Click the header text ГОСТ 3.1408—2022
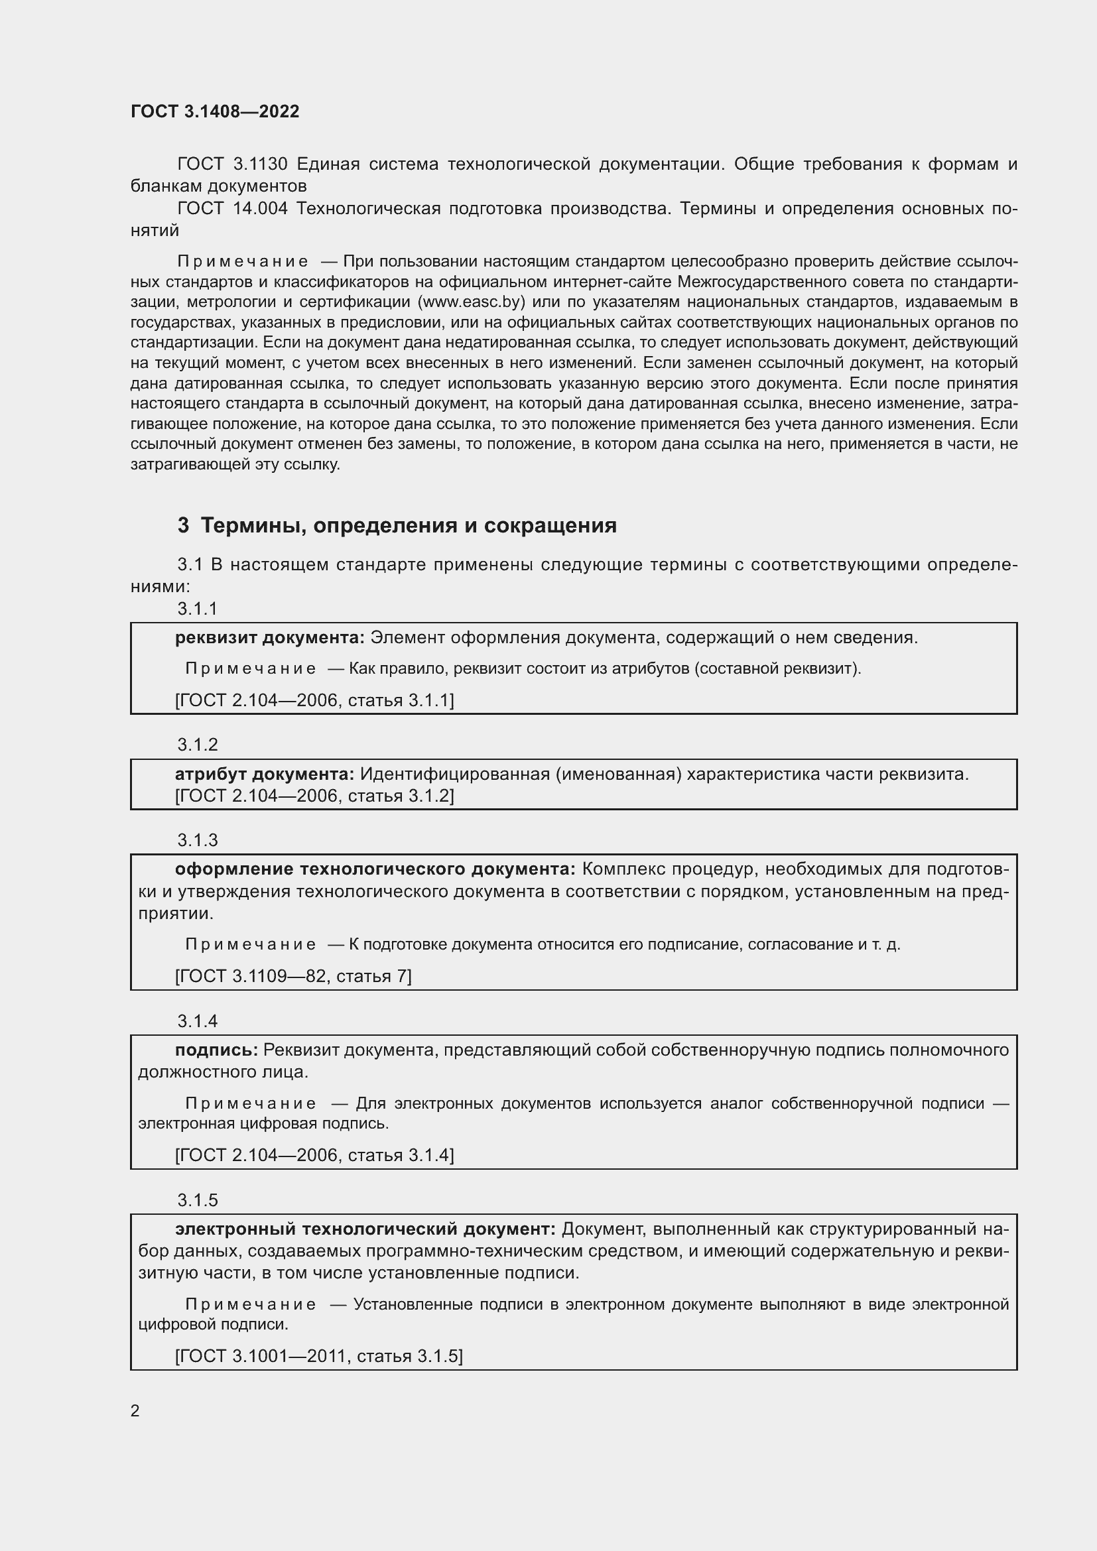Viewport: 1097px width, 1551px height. (x=215, y=111)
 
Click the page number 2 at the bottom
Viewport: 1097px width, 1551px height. (x=135, y=1410)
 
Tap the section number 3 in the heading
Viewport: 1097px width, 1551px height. (x=183, y=526)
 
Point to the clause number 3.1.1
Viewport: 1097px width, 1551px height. (x=197, y=609)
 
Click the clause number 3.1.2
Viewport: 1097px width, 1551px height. (x=197, y=745)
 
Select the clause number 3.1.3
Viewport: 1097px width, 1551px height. (x=197, y=839)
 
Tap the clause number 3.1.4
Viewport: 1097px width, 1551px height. (x=197, y=1021)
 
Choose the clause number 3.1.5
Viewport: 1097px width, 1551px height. (x=197, y=1200)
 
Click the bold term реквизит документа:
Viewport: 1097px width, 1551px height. (x=269, y=638)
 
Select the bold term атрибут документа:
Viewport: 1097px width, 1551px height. (x=264, y=774)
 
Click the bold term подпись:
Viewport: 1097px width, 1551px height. (x=216, y=1050)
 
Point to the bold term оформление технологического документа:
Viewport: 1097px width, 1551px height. (x=375, y=869)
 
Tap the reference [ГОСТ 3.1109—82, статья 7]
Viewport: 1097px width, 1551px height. (x=293, y=975)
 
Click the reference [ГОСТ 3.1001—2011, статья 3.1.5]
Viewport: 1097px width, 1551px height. (x=319, y=1356)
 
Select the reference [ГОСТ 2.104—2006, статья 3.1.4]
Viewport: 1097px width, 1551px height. (x=314, y=1155)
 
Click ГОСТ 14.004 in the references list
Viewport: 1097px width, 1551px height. (x=232, y=209)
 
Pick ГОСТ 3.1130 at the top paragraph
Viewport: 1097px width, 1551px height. (x=232, y=164)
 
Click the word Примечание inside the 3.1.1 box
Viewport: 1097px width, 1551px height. (x=251, y=669)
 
